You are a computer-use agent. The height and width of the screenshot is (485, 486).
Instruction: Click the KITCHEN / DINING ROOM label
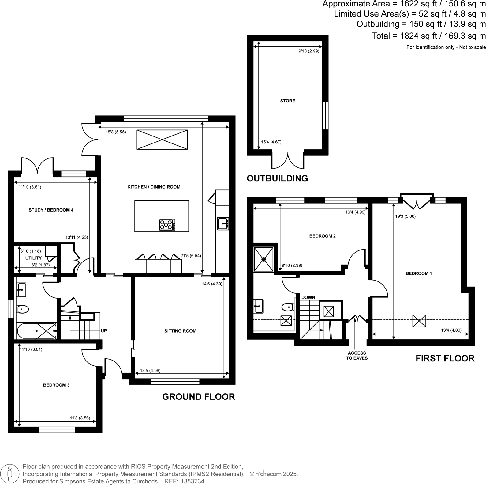pos(154,187)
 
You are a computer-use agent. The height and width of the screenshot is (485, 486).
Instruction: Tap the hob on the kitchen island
pos(167,225)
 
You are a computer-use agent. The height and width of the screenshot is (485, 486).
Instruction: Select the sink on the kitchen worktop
pos(222,223)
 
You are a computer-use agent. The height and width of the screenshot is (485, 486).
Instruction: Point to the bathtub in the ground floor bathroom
pos(36,331)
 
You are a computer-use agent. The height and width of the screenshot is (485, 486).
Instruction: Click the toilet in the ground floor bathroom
pos(22,309)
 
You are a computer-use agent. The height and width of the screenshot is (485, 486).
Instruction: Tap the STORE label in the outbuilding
pos(287,101)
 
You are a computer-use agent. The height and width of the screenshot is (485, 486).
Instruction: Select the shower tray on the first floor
pos(264,259)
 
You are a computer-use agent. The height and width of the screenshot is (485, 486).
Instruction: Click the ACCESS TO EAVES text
pos(357,355)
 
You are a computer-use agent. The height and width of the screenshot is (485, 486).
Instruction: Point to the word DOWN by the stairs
pos(308,297)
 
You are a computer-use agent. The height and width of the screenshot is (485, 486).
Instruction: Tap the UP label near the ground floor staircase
pos(104,331)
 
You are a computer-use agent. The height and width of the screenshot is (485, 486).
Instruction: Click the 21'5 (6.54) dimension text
pos(191,255)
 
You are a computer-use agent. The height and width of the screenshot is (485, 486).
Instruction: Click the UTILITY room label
pos(33,258)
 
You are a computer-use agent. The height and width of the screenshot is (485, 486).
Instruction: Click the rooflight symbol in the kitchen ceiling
pos(162,139)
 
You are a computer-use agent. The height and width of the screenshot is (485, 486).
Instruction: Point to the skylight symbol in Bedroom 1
pos(419,321)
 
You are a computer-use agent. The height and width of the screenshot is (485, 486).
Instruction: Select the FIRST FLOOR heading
pos(445,358)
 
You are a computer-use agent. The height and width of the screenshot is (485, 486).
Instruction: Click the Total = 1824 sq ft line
pos(428,36)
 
